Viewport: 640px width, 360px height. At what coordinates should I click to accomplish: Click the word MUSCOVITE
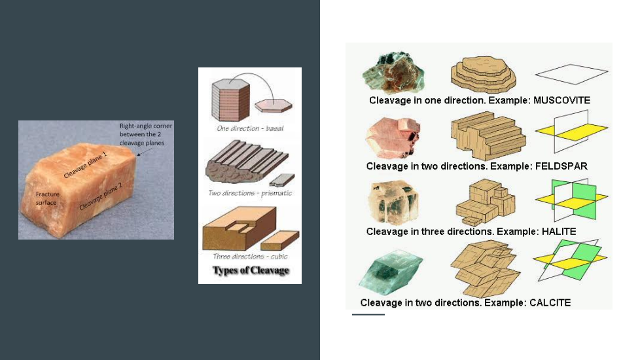pos(561,100)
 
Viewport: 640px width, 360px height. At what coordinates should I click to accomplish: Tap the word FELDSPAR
pos(561,166)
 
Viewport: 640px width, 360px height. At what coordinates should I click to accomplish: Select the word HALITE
pos(559,232)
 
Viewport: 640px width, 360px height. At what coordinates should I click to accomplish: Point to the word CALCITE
pos(550,302)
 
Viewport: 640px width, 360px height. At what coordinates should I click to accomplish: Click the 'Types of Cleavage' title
pos(251,270)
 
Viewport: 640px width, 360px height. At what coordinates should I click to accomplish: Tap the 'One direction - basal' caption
pos(250,128)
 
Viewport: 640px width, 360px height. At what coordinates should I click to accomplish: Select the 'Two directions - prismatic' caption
pos(250,192)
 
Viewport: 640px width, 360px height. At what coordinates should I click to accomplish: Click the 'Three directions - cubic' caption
pos(250,257)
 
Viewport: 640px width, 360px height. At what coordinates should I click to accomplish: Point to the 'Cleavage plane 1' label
pos(85,165)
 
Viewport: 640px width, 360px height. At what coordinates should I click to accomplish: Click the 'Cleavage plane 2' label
pos(100,196)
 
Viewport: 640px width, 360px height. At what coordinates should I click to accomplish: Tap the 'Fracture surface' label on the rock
pos(47,198)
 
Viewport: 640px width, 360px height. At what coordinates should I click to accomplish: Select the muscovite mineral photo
pos(393,73)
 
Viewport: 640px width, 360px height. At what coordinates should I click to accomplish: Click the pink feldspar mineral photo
pos(393,138)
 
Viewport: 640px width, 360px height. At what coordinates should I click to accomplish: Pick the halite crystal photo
pos(393,203)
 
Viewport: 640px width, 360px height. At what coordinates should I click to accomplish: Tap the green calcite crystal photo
pos(391,273)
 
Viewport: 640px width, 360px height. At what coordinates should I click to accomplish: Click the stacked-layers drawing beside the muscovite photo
pos(483,74)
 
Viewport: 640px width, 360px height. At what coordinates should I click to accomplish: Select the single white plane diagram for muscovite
pos(571,74)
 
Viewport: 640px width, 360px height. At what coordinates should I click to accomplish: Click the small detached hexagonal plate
pos(274,106)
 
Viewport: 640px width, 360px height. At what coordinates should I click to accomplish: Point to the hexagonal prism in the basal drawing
pos(230,99)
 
